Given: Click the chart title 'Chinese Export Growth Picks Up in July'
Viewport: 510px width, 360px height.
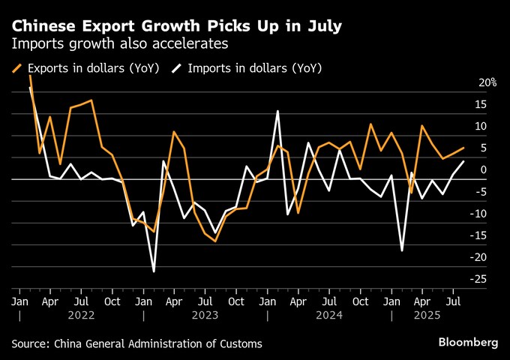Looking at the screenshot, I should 177,27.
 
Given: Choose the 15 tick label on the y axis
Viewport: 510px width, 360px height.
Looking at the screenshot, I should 489,105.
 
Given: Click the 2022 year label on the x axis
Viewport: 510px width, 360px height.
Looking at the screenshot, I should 81,316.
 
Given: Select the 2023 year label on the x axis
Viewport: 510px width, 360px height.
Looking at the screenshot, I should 205,316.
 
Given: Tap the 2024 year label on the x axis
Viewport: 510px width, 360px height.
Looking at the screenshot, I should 329,316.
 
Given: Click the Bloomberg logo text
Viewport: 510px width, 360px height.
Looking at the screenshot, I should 468,342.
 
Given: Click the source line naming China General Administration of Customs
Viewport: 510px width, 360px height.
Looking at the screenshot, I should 137,343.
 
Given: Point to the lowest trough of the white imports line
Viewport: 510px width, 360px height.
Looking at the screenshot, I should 154,271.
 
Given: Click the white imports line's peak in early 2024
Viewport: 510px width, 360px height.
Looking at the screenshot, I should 277,111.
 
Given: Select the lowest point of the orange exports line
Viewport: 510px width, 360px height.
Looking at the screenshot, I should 215,241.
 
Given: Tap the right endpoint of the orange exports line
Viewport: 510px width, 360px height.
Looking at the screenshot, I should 463,148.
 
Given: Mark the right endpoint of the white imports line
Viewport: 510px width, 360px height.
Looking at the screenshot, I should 463,161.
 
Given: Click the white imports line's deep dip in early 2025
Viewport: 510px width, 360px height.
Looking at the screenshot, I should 402,250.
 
